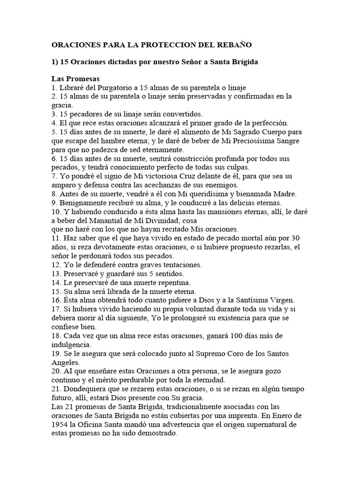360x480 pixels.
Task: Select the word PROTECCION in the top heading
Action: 157,45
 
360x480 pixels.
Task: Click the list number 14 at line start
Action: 56,282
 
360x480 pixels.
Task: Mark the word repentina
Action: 172,282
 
